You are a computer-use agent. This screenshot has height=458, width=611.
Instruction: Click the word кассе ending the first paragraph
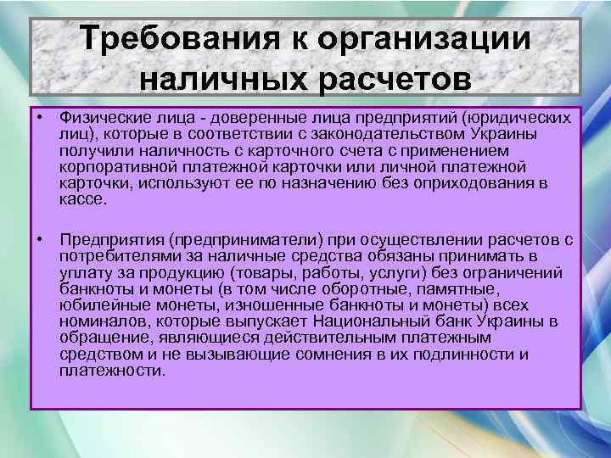[82, 198]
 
